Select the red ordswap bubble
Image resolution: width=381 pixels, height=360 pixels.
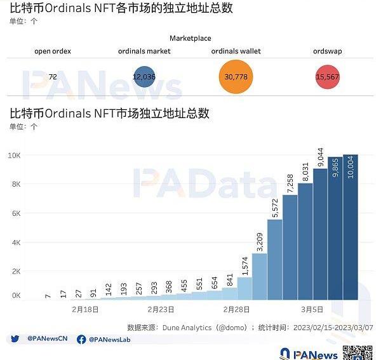(x=328, y=77)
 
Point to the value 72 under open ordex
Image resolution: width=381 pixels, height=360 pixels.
(x=53, y=77)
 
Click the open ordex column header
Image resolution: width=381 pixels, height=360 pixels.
(x=53, y=51)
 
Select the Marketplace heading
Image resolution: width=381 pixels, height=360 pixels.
(x=190, y=39)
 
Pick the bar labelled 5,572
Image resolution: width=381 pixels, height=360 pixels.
(x=275, y=254)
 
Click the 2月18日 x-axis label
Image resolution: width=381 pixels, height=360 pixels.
(x=85, y=309)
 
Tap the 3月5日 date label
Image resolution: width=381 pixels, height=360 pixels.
(x=312, y=309)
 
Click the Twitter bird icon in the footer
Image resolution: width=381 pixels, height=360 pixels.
(x=15, y=340)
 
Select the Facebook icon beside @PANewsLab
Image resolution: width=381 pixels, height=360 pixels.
(x=81, y=340)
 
